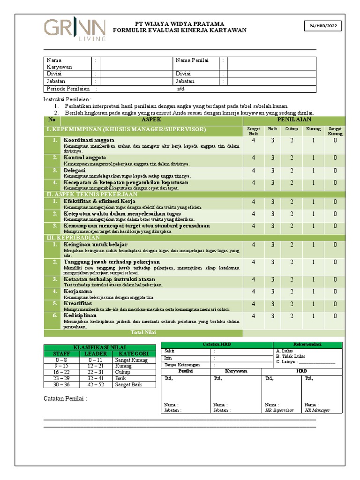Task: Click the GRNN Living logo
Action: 75,30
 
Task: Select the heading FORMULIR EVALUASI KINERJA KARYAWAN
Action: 182,30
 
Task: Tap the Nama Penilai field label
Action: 192,60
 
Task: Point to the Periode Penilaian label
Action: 67,89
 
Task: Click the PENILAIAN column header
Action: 294,120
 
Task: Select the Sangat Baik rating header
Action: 254,131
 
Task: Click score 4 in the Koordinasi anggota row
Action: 254,141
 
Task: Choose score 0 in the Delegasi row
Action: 335,171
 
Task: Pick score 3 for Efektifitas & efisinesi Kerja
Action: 272,202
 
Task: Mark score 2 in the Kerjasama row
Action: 291,292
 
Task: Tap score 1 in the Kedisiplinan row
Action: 313,316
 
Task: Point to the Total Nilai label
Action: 143,333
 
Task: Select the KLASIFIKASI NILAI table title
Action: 99,346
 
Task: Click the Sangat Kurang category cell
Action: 131,360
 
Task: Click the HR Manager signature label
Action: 317,410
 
